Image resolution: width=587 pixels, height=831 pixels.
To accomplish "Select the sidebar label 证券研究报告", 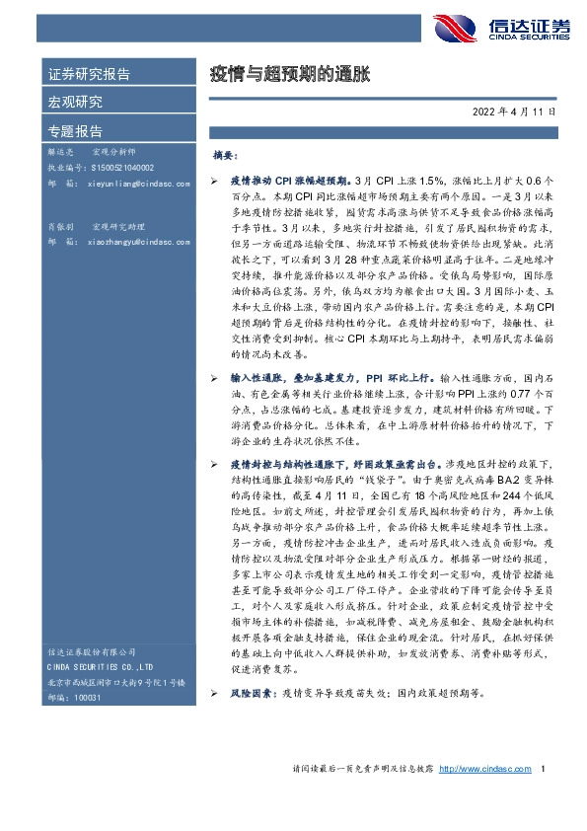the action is click(x=89, y=74).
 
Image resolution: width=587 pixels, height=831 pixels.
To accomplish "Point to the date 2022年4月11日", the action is click(x=513, y=112).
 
